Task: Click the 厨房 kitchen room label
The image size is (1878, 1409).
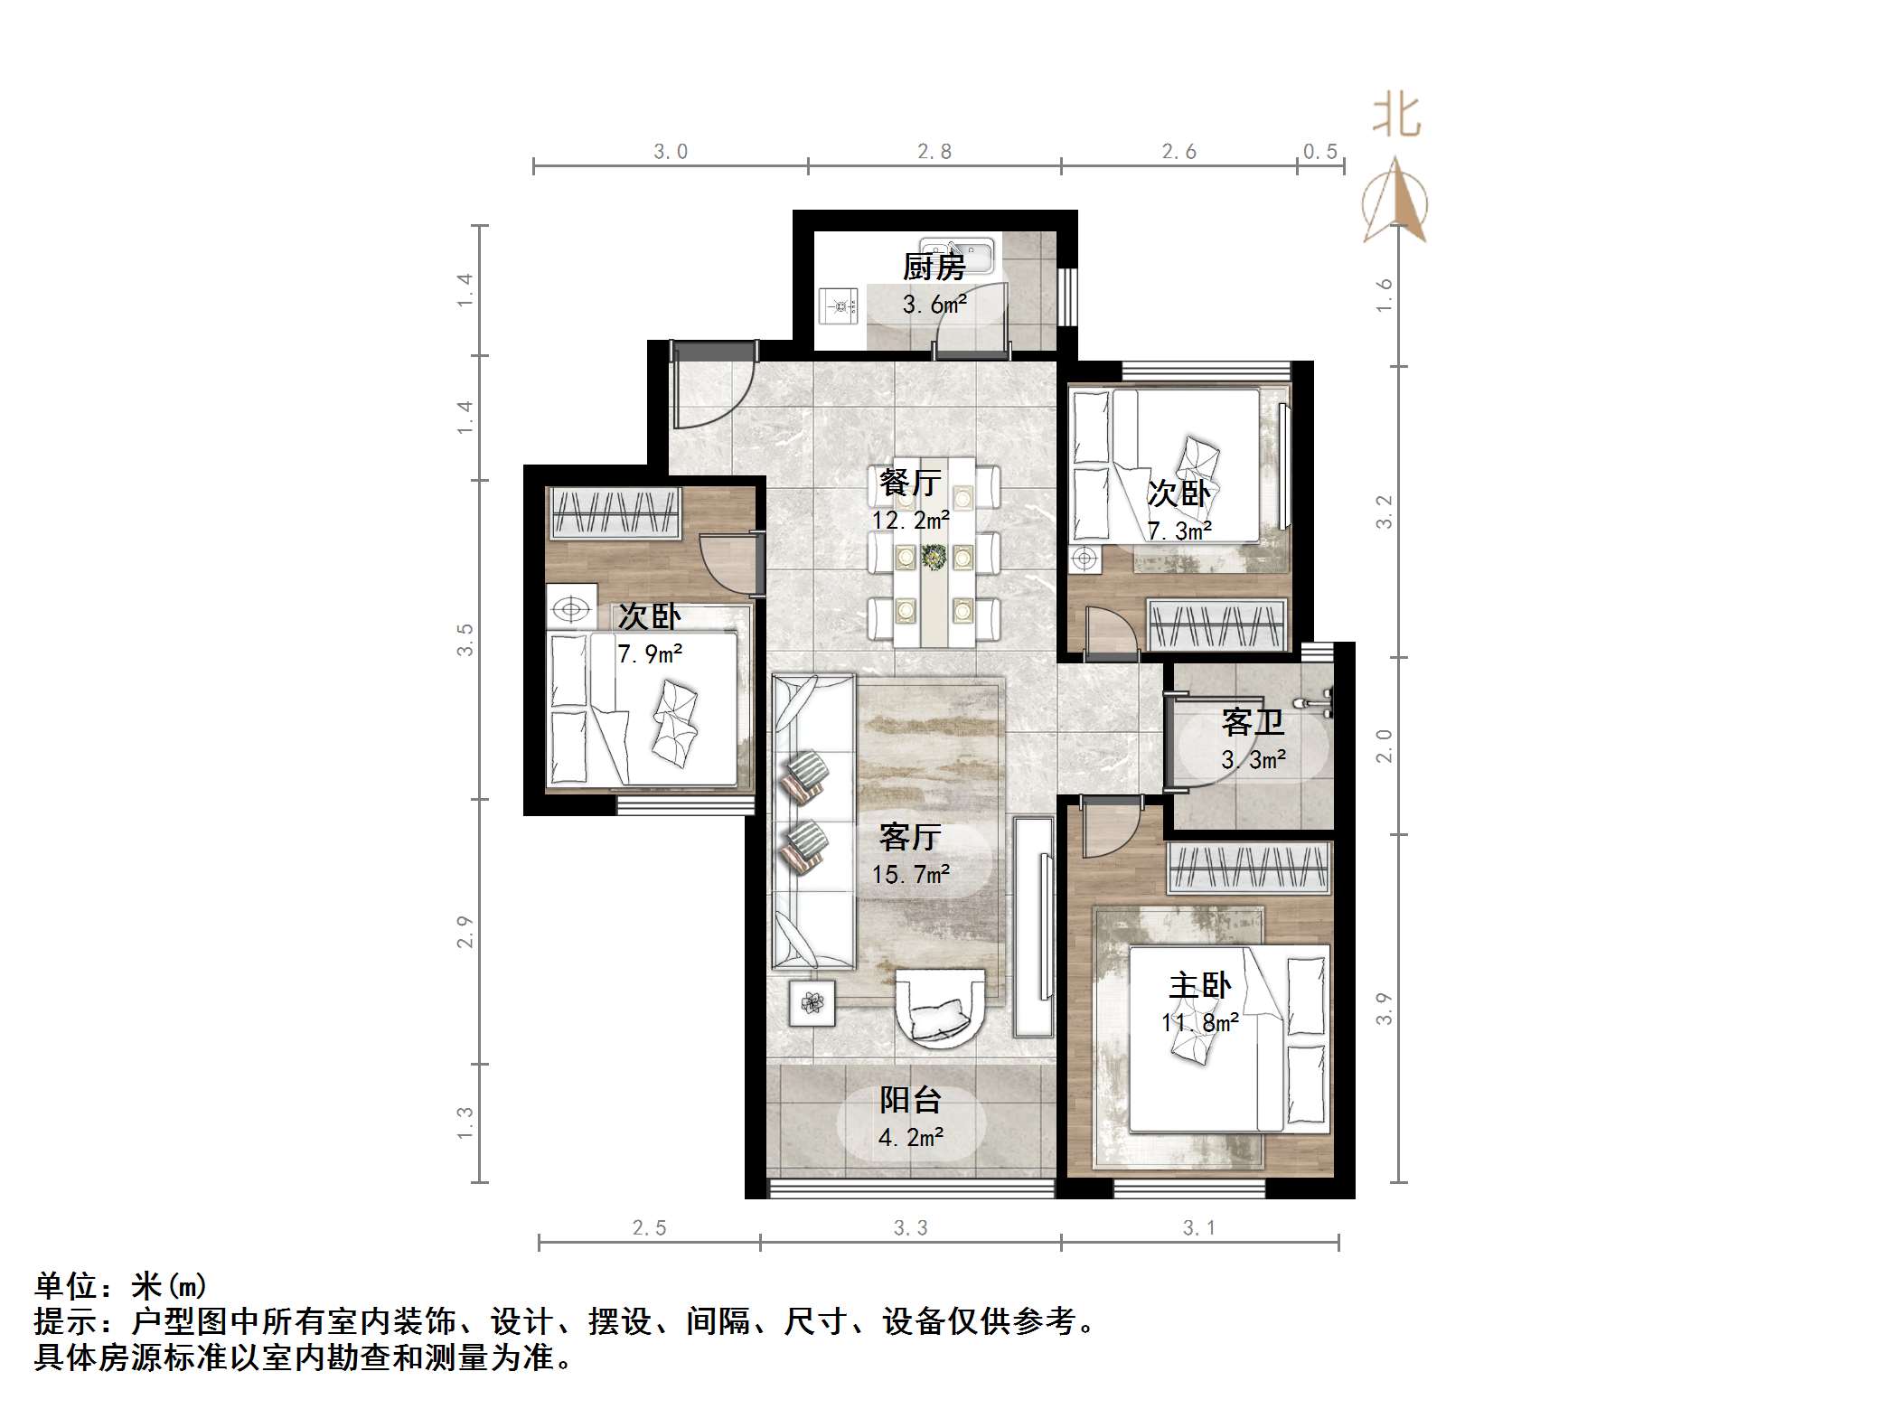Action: [x=934, y=267]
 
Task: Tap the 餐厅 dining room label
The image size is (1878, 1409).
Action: [x=910, y=483]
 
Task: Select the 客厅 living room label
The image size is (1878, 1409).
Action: [x=910, y=837]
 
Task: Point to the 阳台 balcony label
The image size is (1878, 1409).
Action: [x=910, y=1100]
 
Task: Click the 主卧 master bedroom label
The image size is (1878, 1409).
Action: [x=1199, y=985]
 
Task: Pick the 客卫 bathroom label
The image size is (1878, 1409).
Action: [x=1253, y=722]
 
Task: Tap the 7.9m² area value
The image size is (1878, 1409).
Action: [x=650, y=653]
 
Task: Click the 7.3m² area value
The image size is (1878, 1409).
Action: [x=1179, y=531]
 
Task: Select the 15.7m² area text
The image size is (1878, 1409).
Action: [x=910, y=874]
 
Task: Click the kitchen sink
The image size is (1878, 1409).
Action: [x=956, y=250]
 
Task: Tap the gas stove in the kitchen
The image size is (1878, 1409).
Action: [x=840, y=305]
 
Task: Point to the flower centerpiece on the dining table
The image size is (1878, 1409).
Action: [x=934, y=557]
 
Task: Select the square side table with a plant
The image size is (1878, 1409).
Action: [x=812, y=1002]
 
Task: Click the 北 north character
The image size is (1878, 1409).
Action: [x=1395, y=117]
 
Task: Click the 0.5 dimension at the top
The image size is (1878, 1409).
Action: [x=1320, y=152]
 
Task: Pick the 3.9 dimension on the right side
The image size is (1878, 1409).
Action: [x=1384, y=1008]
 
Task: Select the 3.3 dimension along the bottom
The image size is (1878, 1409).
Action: [x=910, y=1227]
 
